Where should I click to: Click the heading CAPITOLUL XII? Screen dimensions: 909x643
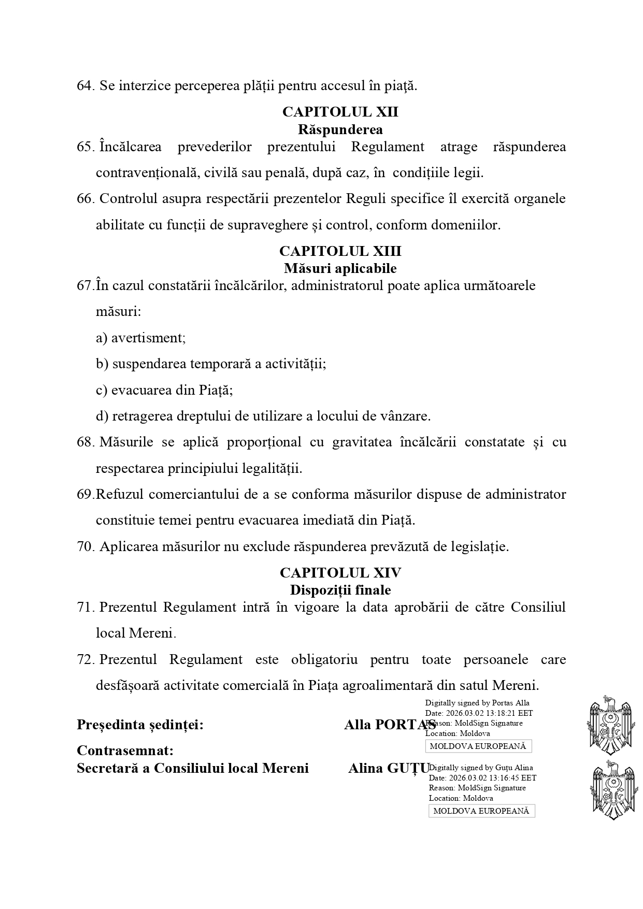point(340,112)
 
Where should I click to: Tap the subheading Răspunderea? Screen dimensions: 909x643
point(340,129)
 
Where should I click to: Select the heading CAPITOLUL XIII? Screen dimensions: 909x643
point(340,251)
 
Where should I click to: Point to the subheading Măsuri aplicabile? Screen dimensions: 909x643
point(340,268)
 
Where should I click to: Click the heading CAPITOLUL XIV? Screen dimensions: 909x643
point(340,572)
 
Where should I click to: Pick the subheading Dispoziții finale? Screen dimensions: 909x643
point(340,589)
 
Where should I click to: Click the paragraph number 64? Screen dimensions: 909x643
point(85,86)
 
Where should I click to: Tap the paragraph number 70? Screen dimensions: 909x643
point(85,546)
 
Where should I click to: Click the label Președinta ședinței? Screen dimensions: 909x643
point(140,725)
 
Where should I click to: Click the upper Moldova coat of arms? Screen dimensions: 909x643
point(610,725)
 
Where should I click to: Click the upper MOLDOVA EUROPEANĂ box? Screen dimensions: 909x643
point(478,746)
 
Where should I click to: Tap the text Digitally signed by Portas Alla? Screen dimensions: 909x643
point(477,703)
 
